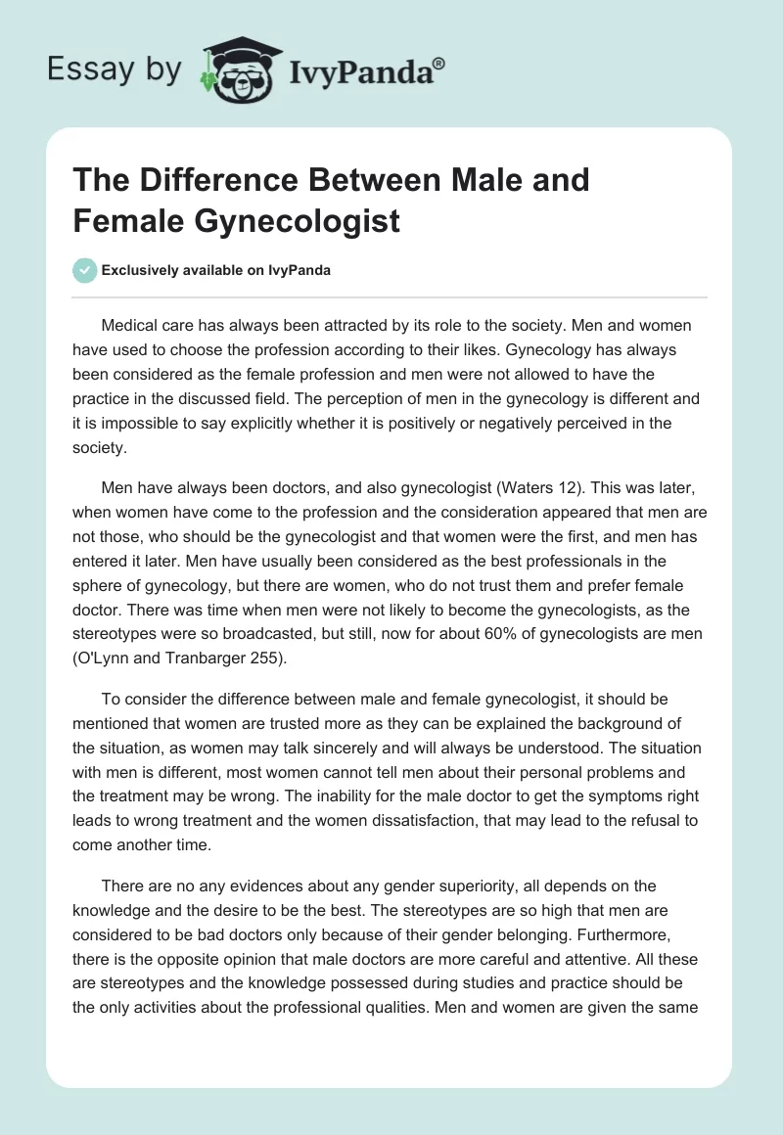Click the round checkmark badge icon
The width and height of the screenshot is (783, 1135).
pyautogui.click(x=85, y=271)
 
